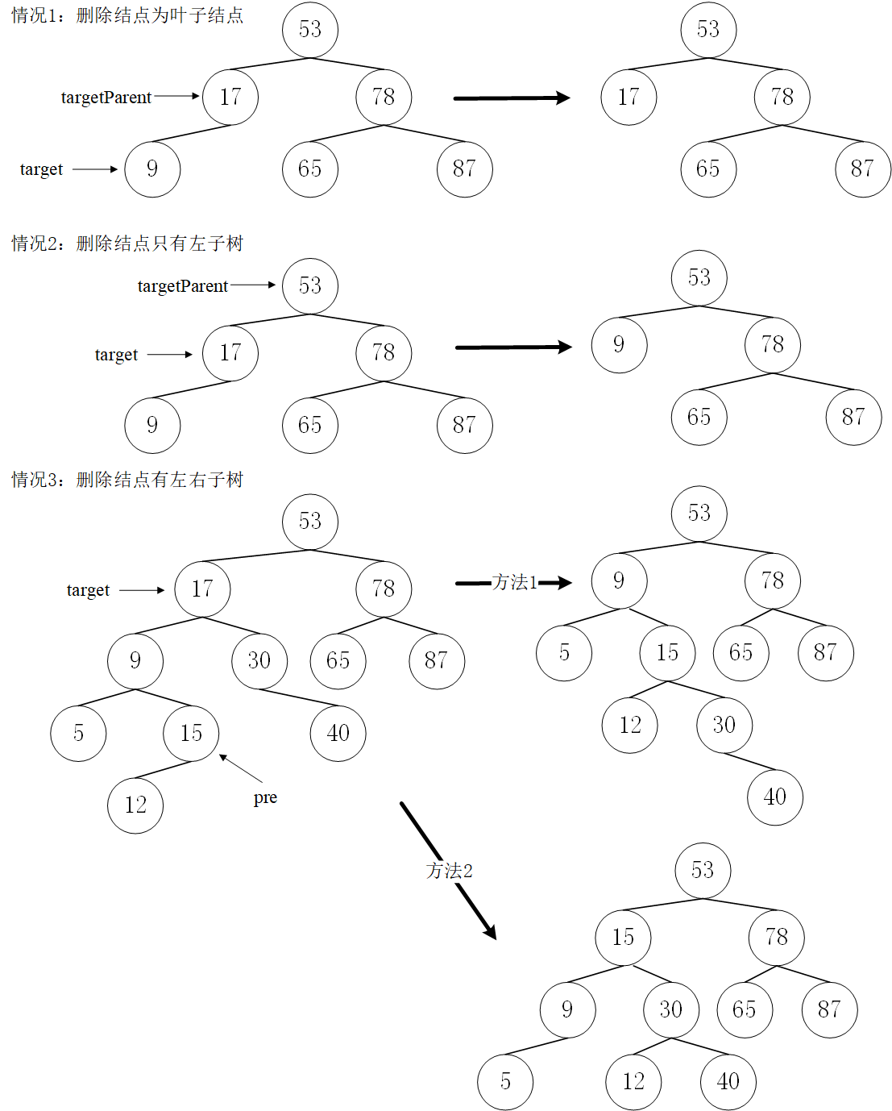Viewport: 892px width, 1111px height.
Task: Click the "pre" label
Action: (265, 797)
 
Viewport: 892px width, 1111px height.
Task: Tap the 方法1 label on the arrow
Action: (515, 582)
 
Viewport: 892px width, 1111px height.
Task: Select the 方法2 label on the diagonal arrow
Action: (450, 871)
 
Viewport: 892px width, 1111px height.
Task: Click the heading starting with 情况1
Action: (127, 15)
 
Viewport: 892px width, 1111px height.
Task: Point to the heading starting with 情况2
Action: (127, 243)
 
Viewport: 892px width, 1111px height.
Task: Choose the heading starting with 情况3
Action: (127, 480)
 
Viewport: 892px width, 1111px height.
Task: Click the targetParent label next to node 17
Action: (106, 98)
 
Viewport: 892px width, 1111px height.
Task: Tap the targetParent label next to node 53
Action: (183, 286)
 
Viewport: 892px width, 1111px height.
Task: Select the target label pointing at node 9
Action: (41, 169)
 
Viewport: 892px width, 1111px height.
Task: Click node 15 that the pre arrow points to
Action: (191, 734)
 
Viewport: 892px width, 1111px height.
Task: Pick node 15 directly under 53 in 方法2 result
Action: (623, 938)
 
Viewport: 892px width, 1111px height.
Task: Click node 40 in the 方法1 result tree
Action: (775, 797)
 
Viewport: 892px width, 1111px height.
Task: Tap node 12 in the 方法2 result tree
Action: (633, 1082)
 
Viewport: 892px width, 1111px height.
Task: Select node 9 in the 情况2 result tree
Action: (619, 345)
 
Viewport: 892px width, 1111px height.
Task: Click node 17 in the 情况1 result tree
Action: (629, 98)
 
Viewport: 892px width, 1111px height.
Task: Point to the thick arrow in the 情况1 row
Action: (512, 98)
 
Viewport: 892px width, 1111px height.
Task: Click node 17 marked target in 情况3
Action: (202, 589)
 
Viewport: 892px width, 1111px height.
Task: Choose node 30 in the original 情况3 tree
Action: (259, 661)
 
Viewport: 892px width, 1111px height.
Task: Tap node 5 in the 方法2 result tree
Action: (505, 1082)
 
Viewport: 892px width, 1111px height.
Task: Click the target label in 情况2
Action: (116, 355)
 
